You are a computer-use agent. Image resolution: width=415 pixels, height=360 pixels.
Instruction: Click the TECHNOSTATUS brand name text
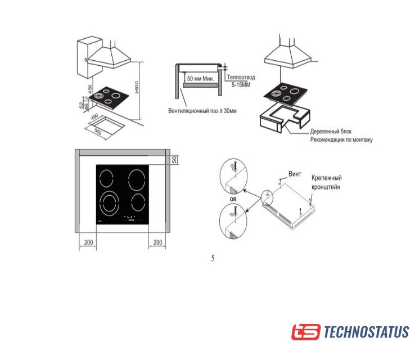367,332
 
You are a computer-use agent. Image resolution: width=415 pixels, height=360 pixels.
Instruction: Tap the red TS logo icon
306,332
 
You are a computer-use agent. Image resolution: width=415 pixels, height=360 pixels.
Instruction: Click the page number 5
213,258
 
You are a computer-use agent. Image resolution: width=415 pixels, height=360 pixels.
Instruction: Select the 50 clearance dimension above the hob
174,160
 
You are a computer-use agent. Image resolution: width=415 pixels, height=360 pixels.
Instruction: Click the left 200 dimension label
88,242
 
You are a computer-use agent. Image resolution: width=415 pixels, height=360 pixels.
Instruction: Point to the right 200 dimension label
158,242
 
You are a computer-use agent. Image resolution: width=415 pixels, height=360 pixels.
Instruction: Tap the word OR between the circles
233,199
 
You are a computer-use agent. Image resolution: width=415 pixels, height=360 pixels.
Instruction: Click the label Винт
295,174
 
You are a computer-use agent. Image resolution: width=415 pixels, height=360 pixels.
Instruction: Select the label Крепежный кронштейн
326,182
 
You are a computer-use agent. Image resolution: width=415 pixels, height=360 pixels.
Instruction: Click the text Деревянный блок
331,131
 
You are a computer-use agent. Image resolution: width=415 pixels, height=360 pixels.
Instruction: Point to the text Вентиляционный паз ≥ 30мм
202,111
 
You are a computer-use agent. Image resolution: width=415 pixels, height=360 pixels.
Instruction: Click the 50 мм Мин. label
201,79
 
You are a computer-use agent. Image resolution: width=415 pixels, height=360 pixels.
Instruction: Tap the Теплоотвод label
241,77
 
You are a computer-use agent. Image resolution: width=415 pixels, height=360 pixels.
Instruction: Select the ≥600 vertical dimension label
137,88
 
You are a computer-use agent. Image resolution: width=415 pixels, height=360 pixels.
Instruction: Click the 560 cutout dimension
98,131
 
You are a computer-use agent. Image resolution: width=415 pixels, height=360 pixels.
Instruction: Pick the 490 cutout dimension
94,117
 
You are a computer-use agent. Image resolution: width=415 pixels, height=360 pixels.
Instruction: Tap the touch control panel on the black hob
133,218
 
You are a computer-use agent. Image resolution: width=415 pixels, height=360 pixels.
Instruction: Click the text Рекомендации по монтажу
341,139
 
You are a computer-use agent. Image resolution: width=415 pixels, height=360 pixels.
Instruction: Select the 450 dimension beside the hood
90,89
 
